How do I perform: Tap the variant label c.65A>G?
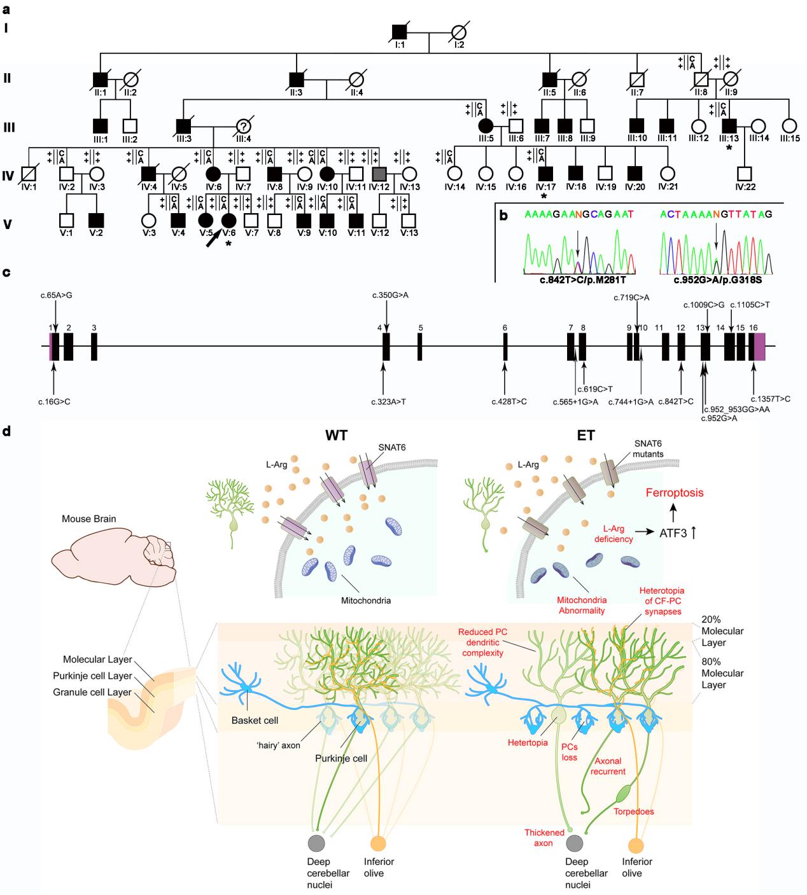[x=55, y=295]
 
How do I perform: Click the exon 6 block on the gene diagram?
[x=505, y=347]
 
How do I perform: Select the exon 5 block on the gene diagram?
[x=420, y=347]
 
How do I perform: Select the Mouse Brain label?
[x=89, y=518]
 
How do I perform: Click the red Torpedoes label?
[x=633, y=811]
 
